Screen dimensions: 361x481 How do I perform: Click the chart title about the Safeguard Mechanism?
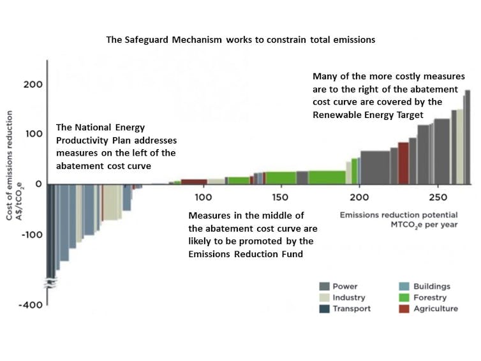click(241, 40)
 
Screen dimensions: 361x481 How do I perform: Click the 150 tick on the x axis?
click(281, 197)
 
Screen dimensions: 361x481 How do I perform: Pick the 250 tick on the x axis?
click(438, 197)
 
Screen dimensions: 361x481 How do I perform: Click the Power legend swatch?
click(324, 286)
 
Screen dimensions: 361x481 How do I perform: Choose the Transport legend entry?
click(352, 309)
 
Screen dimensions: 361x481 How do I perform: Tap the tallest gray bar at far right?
click(467, 136)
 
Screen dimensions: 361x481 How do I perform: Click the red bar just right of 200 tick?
click(403, 163)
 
